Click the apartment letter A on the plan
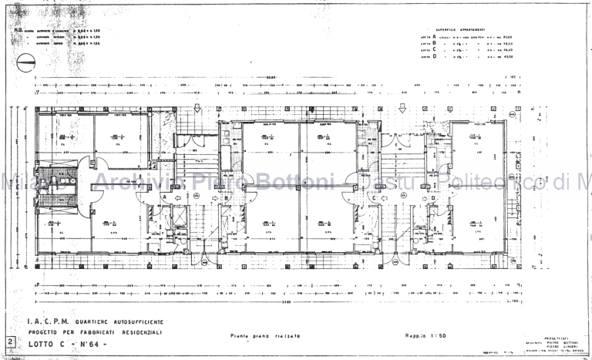coord(164,197)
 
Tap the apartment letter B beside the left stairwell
coord(227,197)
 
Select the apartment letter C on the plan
coord(373,197)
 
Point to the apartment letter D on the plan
coord(433,197)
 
